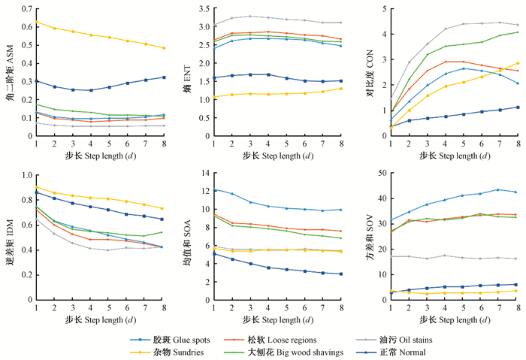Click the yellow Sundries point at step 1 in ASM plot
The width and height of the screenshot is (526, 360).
click(x=37, y=23)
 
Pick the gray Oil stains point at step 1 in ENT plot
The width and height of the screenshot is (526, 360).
click(x=214, y=25)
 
